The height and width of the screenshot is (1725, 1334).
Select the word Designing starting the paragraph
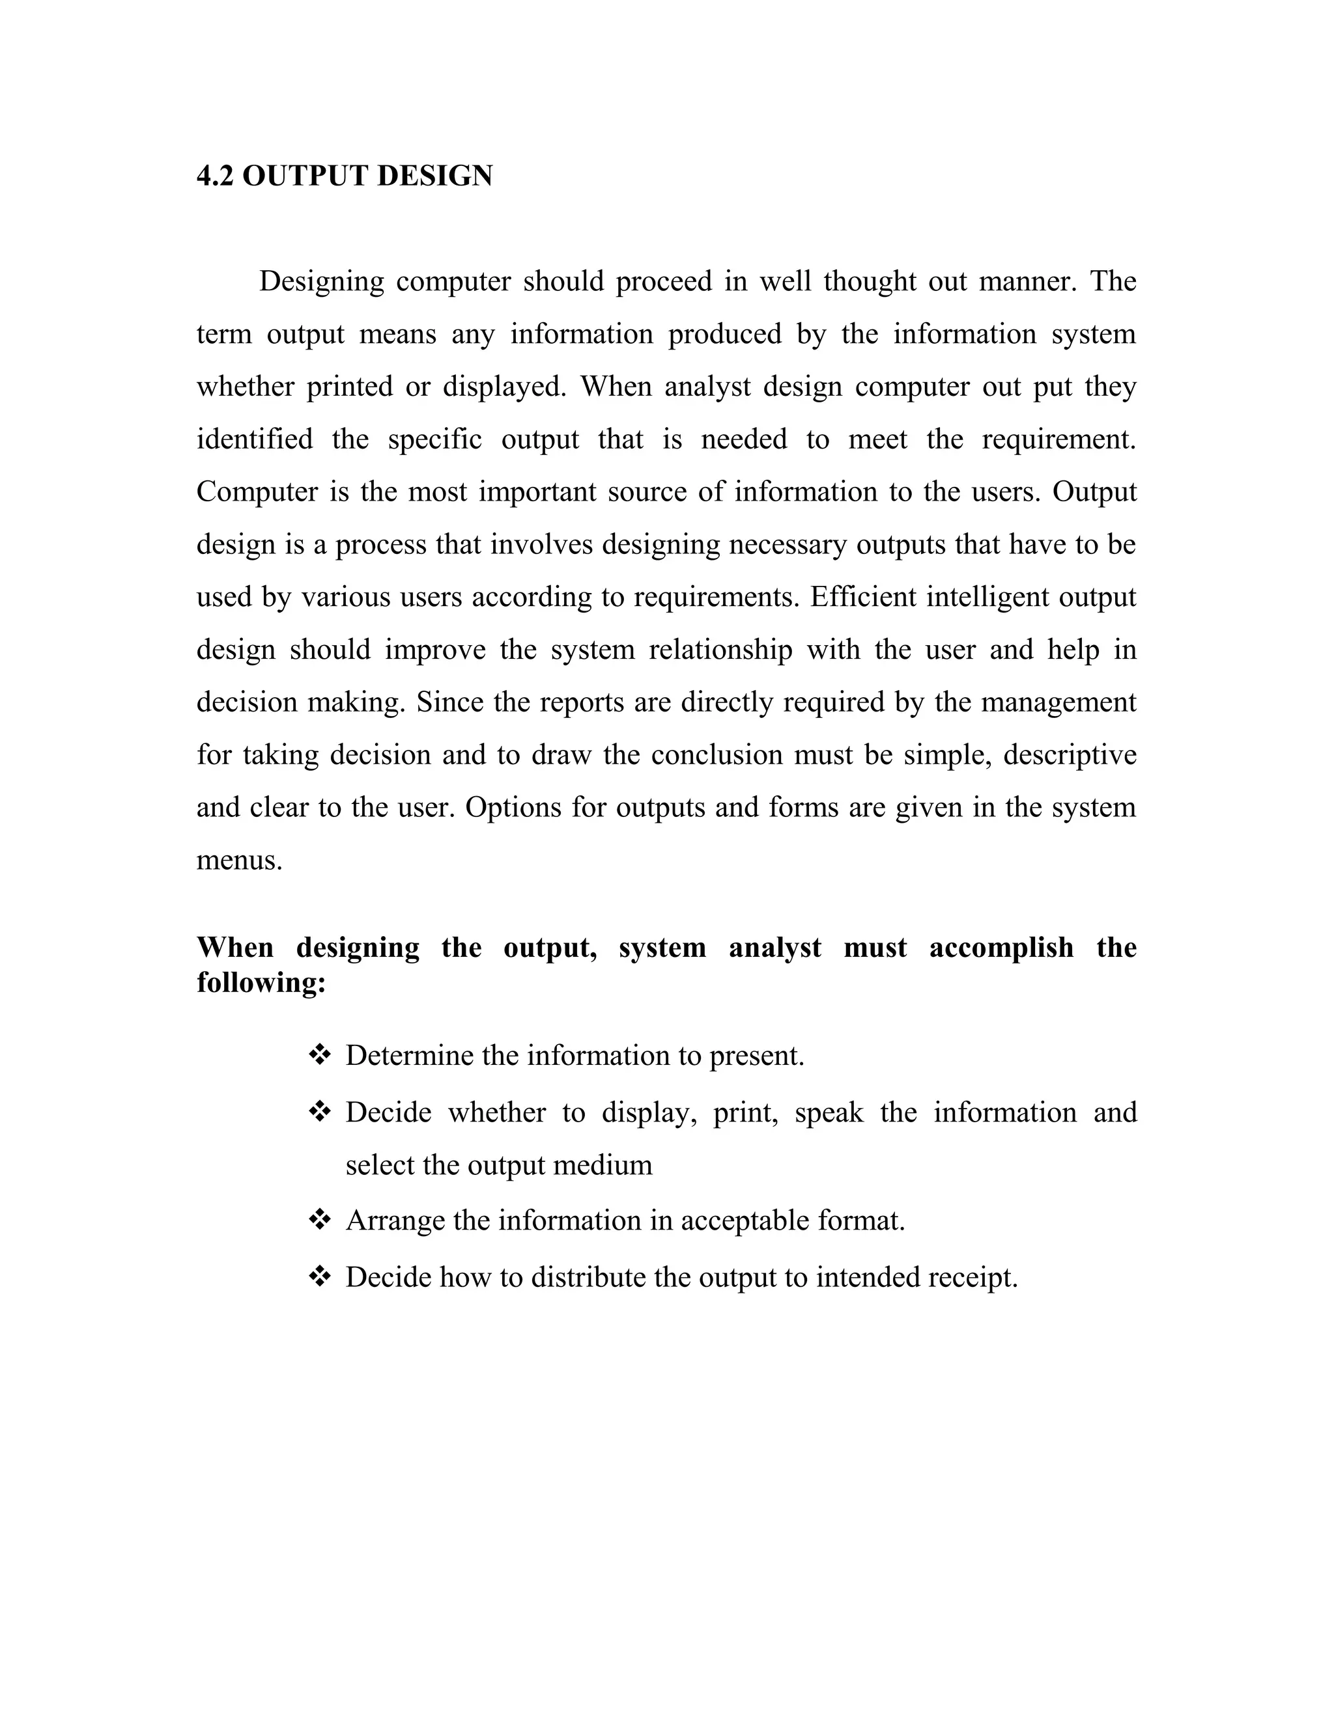pos(322,281)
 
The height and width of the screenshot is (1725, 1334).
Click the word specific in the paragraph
pos(434,439)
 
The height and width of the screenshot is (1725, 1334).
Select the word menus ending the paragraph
pos(238,860)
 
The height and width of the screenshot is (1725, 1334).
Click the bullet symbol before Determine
pos(319,1055)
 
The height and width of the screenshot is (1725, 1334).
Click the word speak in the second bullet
pos(829,1113)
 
